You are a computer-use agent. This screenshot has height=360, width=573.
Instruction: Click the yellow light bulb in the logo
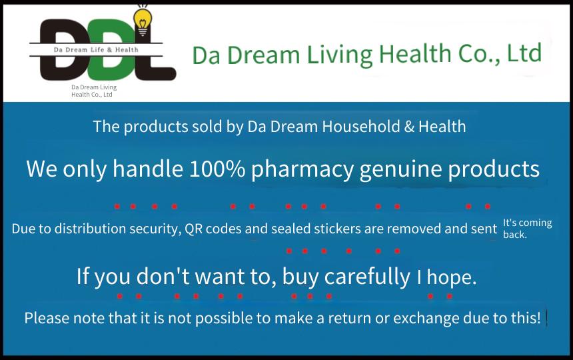(143, 21)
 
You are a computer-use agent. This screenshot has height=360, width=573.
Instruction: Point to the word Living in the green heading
(340, 55)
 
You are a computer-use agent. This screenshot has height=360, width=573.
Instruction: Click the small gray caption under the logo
(94, 91)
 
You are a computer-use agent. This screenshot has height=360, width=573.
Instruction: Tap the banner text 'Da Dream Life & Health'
(96, 50)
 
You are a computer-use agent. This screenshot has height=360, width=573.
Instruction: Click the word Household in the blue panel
(361, 127)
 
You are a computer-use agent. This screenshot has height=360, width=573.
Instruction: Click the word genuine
(401, 170)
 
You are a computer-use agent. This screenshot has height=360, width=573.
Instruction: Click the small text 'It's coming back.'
(527, 229)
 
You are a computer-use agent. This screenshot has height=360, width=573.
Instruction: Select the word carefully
(367, 277)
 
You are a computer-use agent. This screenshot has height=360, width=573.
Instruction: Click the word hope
(452, 278)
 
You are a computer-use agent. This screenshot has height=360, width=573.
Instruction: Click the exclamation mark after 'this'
(538, 317)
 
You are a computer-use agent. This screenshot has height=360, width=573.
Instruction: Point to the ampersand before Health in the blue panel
(409, 127)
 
